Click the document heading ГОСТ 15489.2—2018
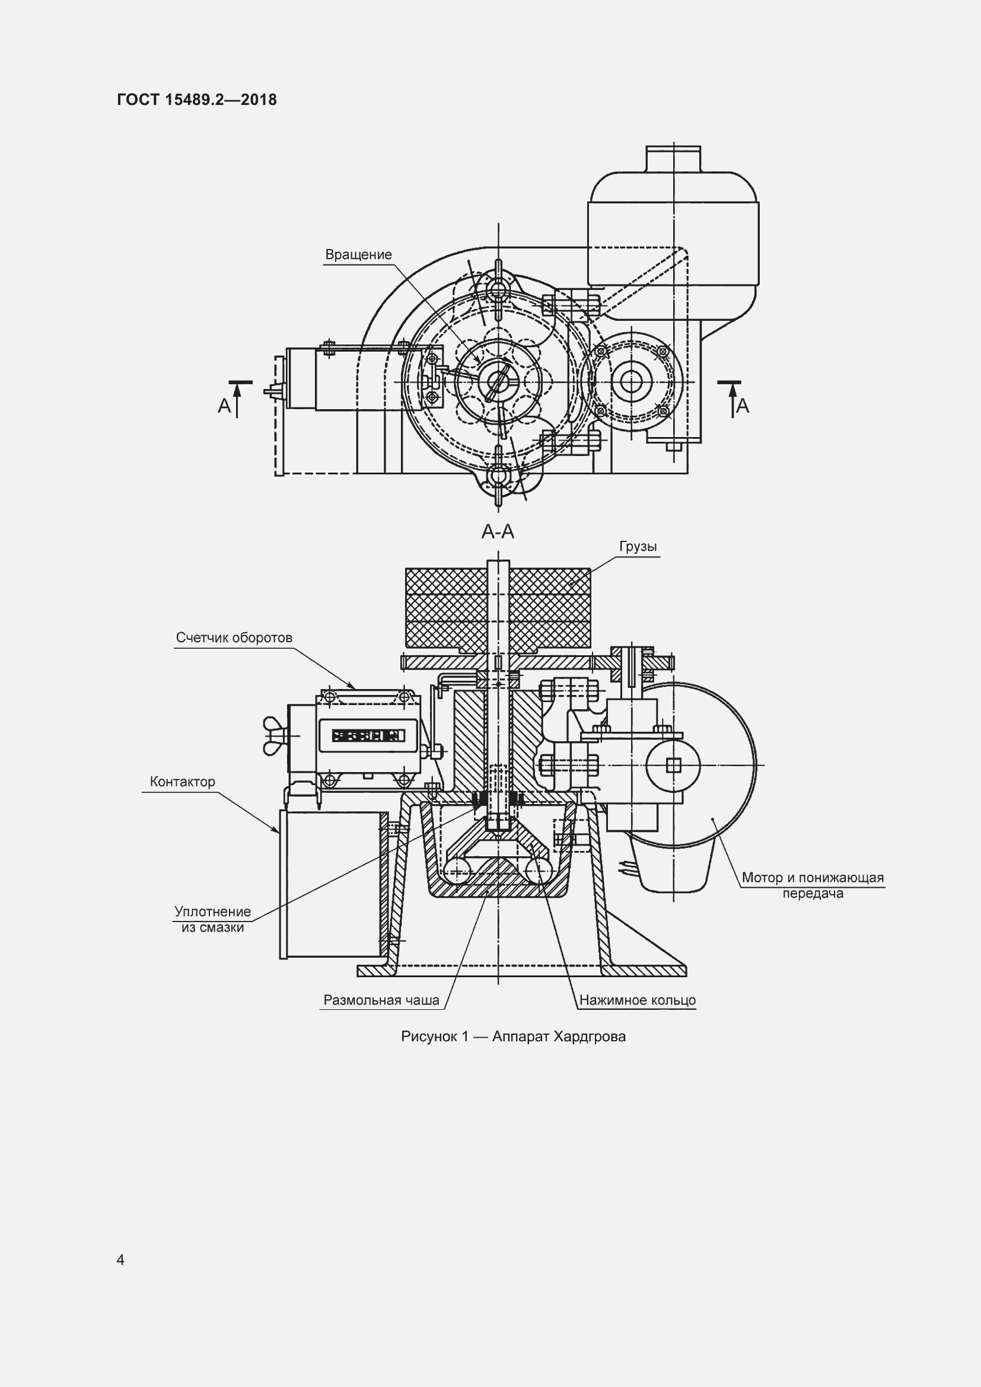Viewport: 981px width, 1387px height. click(197, 100)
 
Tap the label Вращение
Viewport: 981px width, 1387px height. click(358, 255)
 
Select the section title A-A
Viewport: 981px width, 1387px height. click(498, 531)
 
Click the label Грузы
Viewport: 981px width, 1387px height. click(638, 547)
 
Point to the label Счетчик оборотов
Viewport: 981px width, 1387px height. click(234, 638)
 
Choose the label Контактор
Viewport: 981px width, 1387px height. click(183, 782)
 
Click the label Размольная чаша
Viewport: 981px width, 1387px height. click(381, 1000)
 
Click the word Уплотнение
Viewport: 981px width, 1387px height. click(213, 911)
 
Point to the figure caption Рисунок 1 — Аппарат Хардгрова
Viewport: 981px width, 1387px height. click(514, 1037)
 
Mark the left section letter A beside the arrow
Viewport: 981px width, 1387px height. click(224, 406)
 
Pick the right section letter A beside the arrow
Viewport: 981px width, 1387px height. click(743, 406)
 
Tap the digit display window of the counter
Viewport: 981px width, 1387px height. click(367, 735)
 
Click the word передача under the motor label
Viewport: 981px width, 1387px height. click(813, 894)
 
